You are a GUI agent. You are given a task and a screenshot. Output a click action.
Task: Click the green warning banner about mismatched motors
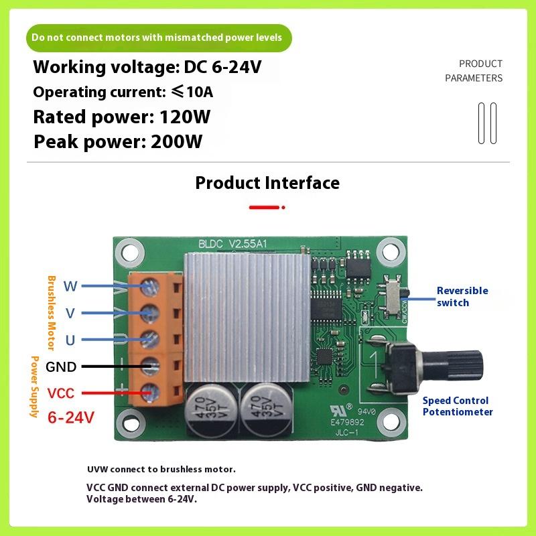click(x=159, y=38)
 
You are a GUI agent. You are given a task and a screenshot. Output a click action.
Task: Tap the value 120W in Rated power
click(x=185, y=117)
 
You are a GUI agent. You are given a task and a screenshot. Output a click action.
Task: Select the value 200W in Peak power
click(x=177, y=142)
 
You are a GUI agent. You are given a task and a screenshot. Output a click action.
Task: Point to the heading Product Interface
click(x=267, y=183)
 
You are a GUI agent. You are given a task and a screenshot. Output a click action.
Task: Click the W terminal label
click(x=70, y=287)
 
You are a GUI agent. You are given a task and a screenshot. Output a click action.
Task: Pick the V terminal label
click(x=70, y=313)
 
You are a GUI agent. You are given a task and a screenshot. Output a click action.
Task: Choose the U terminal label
click(x=70, y=340)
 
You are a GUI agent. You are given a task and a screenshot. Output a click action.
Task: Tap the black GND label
click(x=61, y=366)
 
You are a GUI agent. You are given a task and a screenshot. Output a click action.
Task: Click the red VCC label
click(x=61, y=393)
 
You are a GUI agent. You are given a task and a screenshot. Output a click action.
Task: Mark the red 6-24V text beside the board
click(x=71, y=417)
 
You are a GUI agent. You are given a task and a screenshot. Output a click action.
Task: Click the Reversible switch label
click(x=462, y=296)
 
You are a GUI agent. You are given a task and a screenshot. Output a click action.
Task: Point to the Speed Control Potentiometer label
click(x=458, y=406)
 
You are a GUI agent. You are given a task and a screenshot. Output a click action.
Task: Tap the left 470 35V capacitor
click(x=210, y=408)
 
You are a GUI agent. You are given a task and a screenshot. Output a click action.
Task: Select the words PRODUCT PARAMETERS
click(x=474, y=71)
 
